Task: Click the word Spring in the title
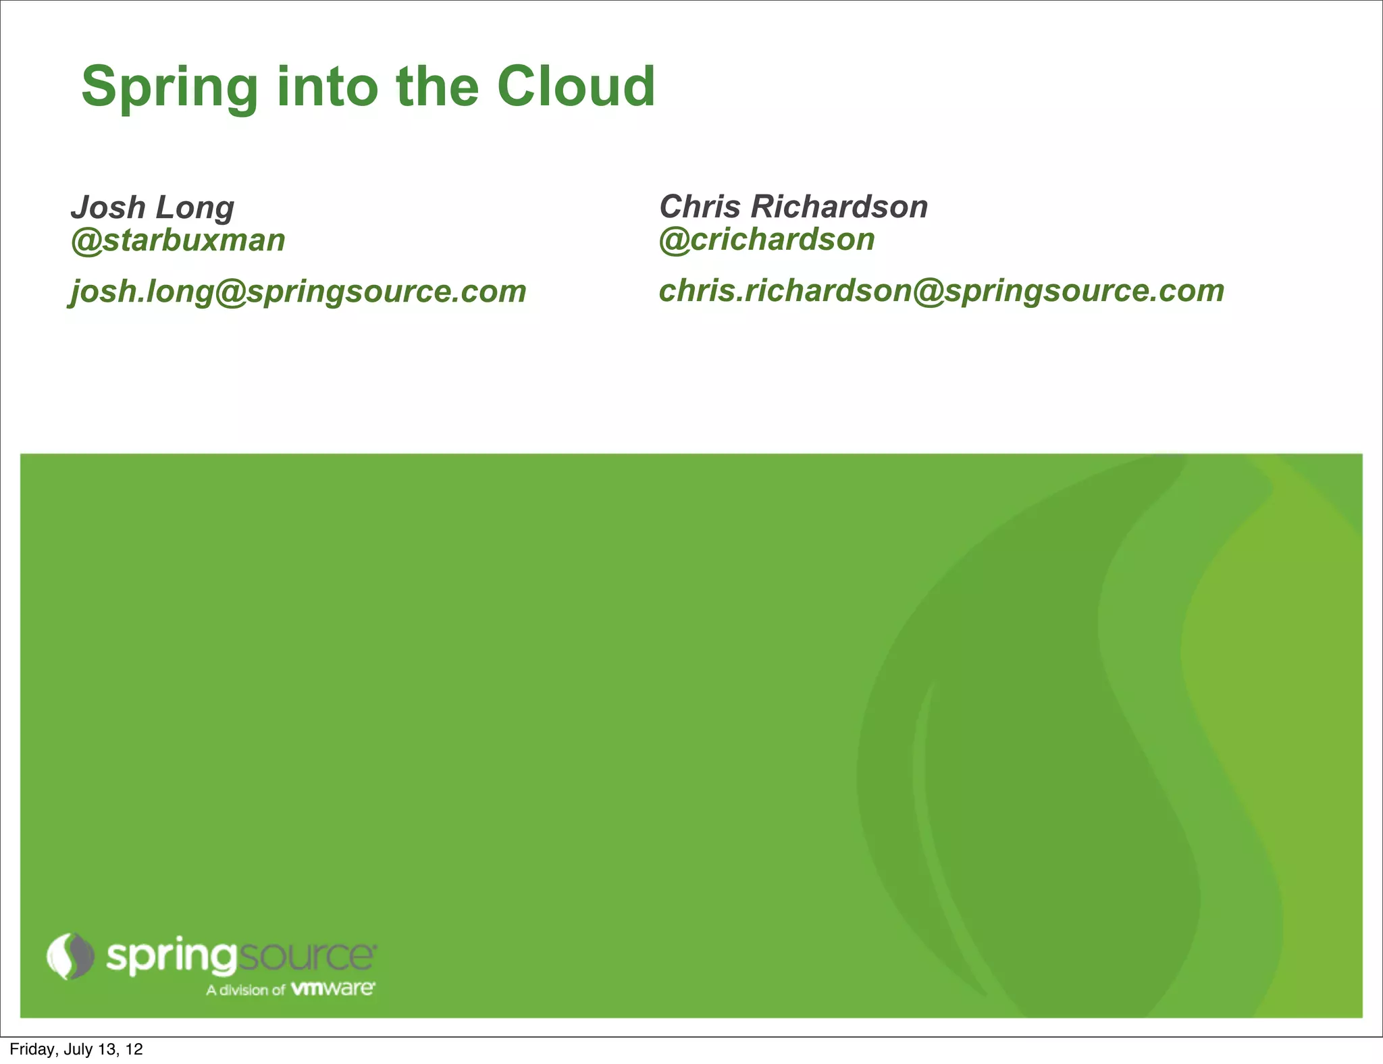pos(169,88)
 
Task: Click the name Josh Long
pos(153,207)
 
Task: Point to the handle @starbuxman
pos(178,240)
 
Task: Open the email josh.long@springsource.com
pos(298,292)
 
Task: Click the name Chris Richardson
pos(793,207)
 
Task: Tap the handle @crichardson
pos(767,239)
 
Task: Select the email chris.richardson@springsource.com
pos(941,291)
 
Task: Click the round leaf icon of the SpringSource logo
pos(70,955)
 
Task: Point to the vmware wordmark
pos(332,989)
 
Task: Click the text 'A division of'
pos(246,990)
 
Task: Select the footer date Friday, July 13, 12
pos(76,1049)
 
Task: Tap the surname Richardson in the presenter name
pos(839,207)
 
